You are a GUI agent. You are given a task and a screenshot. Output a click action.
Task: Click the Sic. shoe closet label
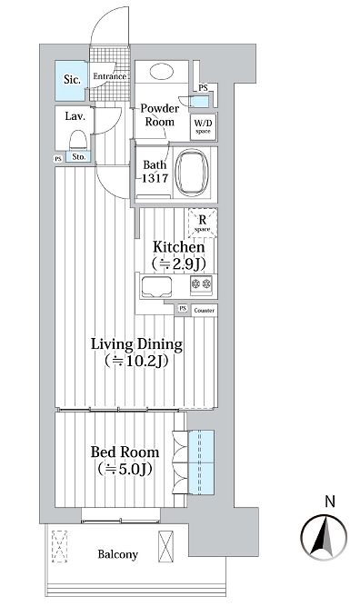73,80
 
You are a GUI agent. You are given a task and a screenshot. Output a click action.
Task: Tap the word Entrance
110,76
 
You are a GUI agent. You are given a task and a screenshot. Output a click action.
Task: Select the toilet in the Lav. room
77,140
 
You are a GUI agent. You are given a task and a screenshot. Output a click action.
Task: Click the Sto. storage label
78,157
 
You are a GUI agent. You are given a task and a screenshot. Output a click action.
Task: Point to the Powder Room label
160,114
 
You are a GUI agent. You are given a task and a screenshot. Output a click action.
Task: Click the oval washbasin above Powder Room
161,72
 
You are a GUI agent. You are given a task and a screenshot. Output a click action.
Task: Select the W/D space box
204,126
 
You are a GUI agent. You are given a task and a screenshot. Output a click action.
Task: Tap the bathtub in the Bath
192,173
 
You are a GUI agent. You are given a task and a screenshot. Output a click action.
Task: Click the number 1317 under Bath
155,178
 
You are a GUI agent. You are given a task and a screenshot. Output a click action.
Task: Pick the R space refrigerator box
203,223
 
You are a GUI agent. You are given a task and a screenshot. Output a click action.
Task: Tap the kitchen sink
156,287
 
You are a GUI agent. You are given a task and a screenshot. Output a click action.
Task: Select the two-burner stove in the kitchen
201,283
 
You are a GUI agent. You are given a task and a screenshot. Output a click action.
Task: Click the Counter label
205,311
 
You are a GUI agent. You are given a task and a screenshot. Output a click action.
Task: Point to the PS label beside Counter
183,308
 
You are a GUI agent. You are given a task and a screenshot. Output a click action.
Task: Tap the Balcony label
118,554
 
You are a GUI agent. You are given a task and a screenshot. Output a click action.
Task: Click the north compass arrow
324,537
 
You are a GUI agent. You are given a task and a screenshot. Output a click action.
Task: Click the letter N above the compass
330,502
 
